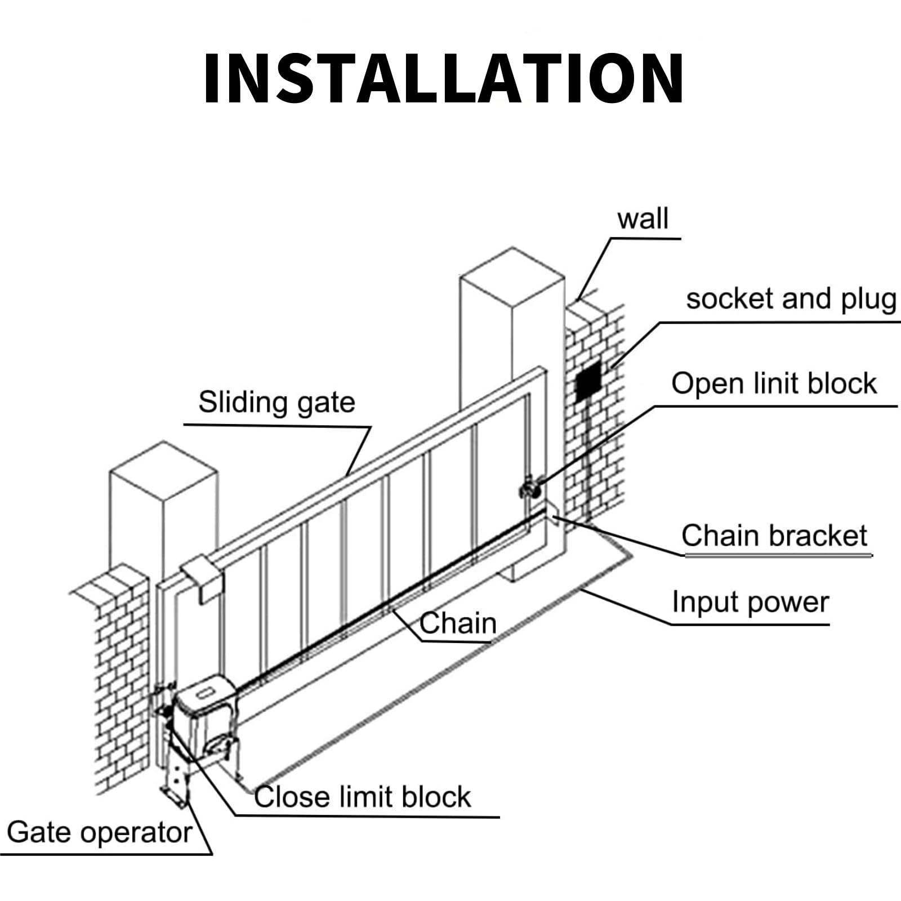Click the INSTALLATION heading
[443, 79]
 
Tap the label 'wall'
[643, 218]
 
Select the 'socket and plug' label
[791, 299]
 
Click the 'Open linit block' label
[774, 384]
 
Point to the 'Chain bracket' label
[774, 536]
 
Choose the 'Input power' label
[750, 602]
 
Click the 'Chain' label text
[458, 623]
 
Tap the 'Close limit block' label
[362, 797]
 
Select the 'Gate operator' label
[99, 832]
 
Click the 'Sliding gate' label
[276, 403]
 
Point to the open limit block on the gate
[530, 488]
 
